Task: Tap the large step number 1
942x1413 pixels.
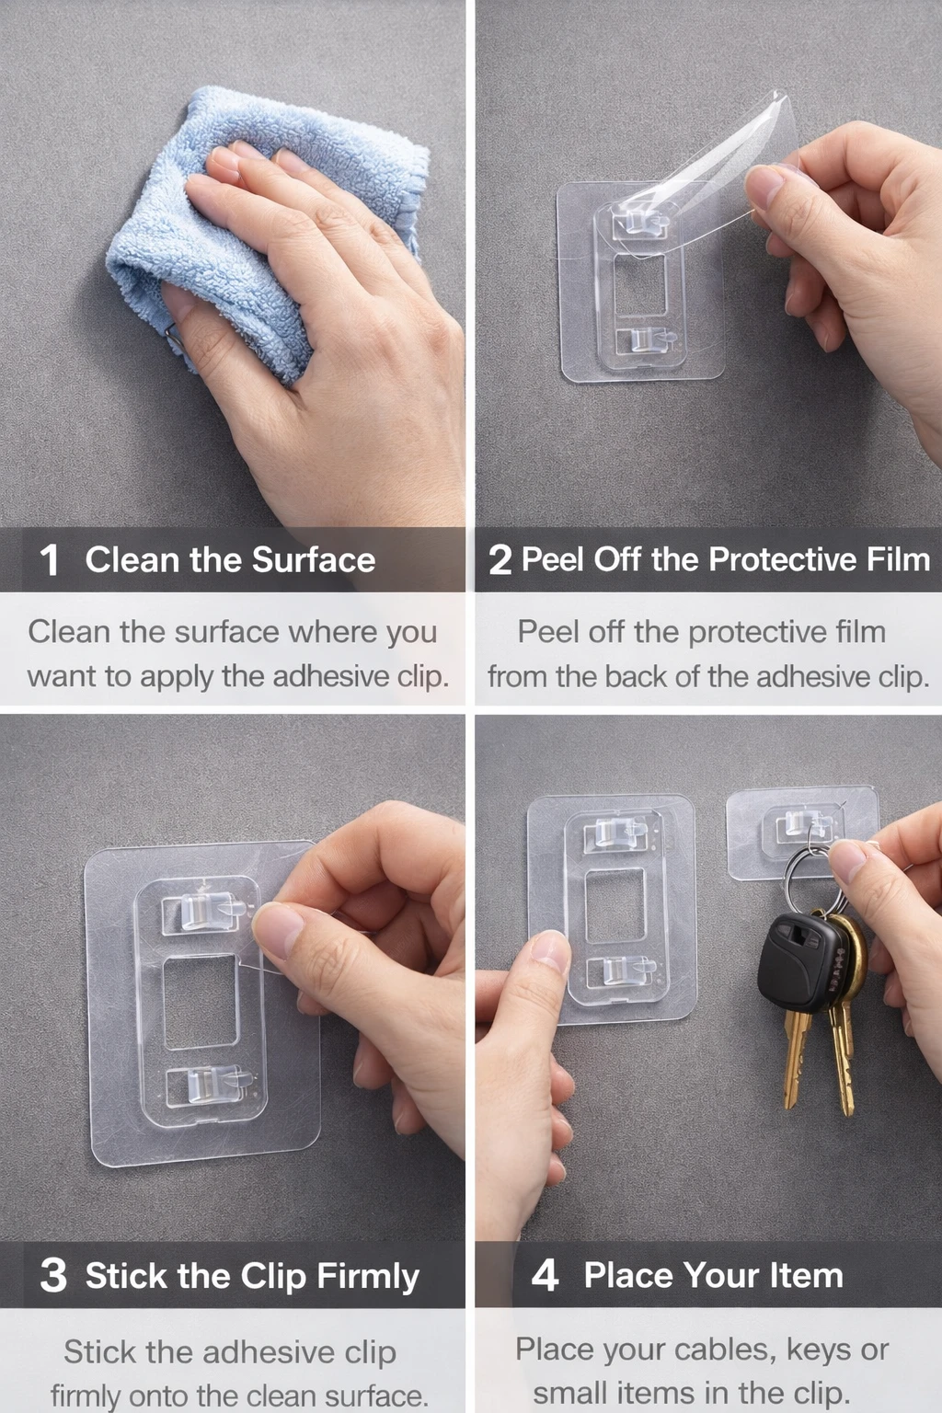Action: click(49, 560)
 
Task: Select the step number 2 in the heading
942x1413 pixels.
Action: click(500, 560)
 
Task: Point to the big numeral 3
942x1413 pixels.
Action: click(53, 1276)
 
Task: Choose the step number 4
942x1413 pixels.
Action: click(546, 1275)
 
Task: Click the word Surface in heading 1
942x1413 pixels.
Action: click(314, 559)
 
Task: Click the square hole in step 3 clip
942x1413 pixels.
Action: click(201, 1003)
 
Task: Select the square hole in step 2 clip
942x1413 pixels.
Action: click(640, 284)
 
